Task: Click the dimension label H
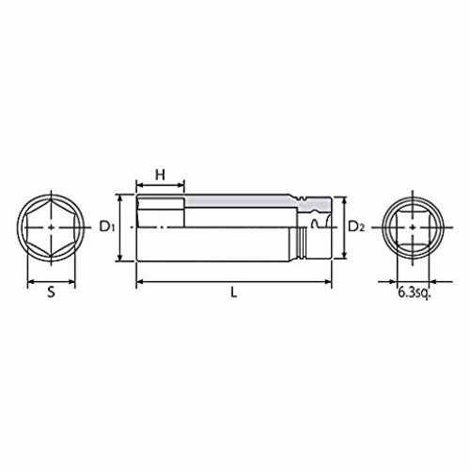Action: (x=160, y=175)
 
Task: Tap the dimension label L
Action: (x=234, y=292)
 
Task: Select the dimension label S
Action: (x=51, y=292)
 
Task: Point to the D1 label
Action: (x=107, y=227)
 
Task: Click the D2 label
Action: (x=356, y=227)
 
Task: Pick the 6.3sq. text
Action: (x=415, y=292)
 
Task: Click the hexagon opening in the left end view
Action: (x=51, y=227)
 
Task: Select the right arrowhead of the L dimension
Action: (x=328, y=282)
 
